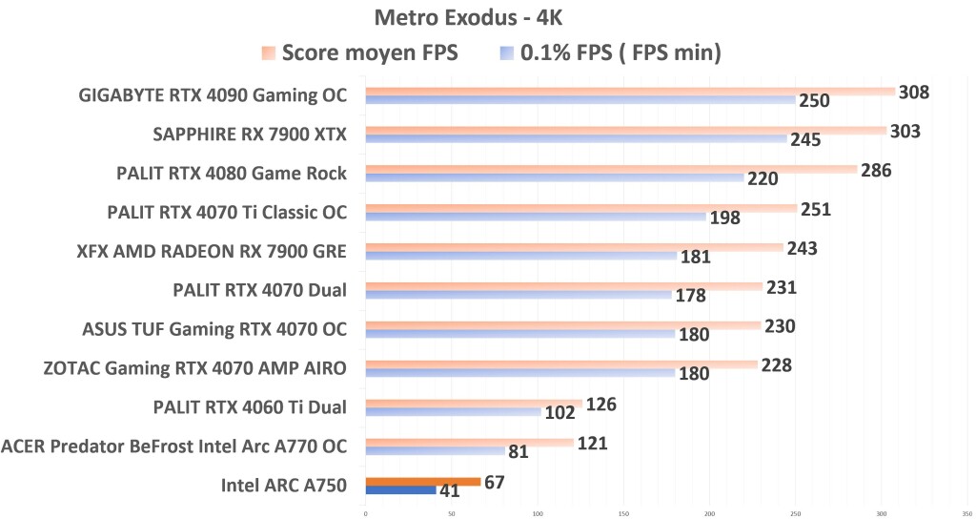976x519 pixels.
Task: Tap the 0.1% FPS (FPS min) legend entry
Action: pyautogui.click(x=609, y=53)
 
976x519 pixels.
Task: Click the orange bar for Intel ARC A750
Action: pyautogui.click(x=423, y=482)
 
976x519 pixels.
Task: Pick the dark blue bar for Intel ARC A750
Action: pyautogui.click(x=400, y=490)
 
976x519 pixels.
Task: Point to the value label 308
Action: pyautogui.click(x=913, y=92)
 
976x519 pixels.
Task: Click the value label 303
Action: pyautogui.click(x=905, y=131)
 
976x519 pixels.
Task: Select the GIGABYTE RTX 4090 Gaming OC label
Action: pyautogui.click(x=214, y=95)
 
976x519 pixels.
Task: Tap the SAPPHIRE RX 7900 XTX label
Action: pyautogui.click(x=250, y=135)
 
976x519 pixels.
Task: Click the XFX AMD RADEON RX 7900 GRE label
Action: pyautogui.click(x=211, y=252)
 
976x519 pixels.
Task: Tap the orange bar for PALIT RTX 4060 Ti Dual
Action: pyautogui.click(x=473, y=404)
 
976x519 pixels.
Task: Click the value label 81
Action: pyautogui.click(x=518, y=451)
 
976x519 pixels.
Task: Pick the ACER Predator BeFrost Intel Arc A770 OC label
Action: pyautogui.click(x=173, y=446)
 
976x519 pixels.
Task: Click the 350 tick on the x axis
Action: pyautogui.click(x=966, y=513)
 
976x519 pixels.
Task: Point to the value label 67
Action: pyautogui.click(x=494, y=482)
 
